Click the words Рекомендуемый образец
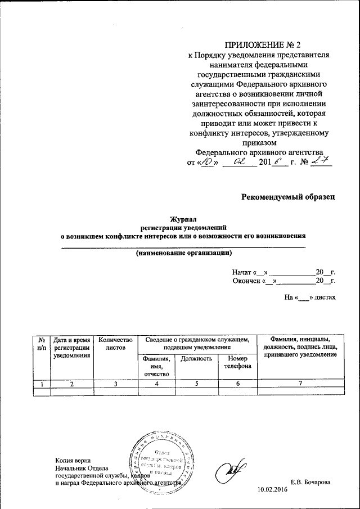289,196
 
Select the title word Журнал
184,220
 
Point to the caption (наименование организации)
184,253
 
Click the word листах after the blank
325,296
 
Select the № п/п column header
42,344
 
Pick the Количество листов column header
115,344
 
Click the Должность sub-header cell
196,358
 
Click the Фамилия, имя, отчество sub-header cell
156,366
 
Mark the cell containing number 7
300,384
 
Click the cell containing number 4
156,384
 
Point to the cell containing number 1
42,384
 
